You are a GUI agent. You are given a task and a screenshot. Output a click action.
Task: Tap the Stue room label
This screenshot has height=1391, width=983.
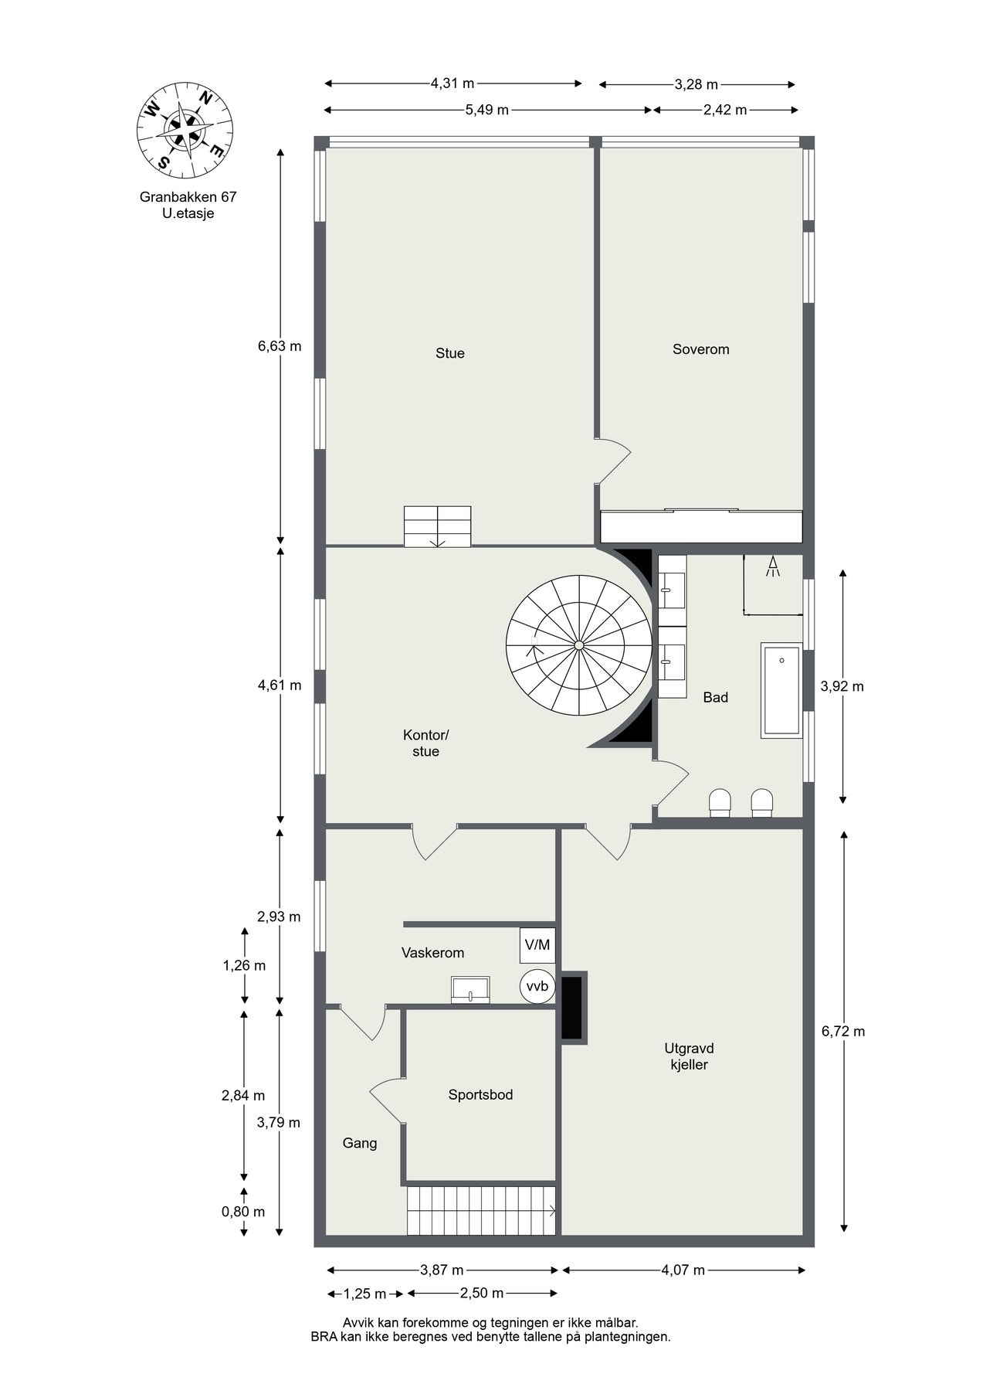click(x=449, y=353)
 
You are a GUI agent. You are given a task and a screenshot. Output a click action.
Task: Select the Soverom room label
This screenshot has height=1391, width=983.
click(x=700, y=349)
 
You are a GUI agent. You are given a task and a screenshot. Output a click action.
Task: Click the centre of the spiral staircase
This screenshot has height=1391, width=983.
click(x=578, y=645)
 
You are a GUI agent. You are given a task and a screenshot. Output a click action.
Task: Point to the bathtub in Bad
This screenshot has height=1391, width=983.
click(x=781, y=689)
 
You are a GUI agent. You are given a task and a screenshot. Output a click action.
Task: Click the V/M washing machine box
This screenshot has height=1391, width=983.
click(x=537, y=944)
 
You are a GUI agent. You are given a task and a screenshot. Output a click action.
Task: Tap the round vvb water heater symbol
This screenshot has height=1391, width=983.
click(x=537, y=986)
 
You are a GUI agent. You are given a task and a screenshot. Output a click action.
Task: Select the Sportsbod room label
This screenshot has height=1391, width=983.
click(x=480, y=1094)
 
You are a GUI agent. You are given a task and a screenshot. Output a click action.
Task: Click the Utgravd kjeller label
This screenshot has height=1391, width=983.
click(x=689, y=1056)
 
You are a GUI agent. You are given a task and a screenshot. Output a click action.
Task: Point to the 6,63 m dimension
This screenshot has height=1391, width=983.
click(x=280, y=346)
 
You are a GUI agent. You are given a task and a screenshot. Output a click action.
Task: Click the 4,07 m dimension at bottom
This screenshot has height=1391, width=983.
click(x=683, y=1270)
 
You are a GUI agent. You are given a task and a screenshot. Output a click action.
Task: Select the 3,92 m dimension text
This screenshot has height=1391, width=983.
click(x=842, y=685)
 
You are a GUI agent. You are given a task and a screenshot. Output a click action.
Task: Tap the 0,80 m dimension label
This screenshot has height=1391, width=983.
click(x=243, y=1211)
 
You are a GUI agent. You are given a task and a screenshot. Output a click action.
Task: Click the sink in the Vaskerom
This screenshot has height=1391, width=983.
click(x=470, y=989)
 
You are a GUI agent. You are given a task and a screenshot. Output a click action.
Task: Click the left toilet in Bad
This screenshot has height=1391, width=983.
click(x=720, y=802)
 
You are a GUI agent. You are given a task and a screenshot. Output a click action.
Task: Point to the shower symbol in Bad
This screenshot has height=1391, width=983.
click(x=772, y=567)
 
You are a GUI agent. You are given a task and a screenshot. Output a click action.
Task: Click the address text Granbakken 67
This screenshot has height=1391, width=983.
click(x=188, y=196)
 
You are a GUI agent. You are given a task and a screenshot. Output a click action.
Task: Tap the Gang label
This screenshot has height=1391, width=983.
click(x=360, y=1143)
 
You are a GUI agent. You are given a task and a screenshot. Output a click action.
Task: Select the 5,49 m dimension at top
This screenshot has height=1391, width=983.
click(x=486, y=110)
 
